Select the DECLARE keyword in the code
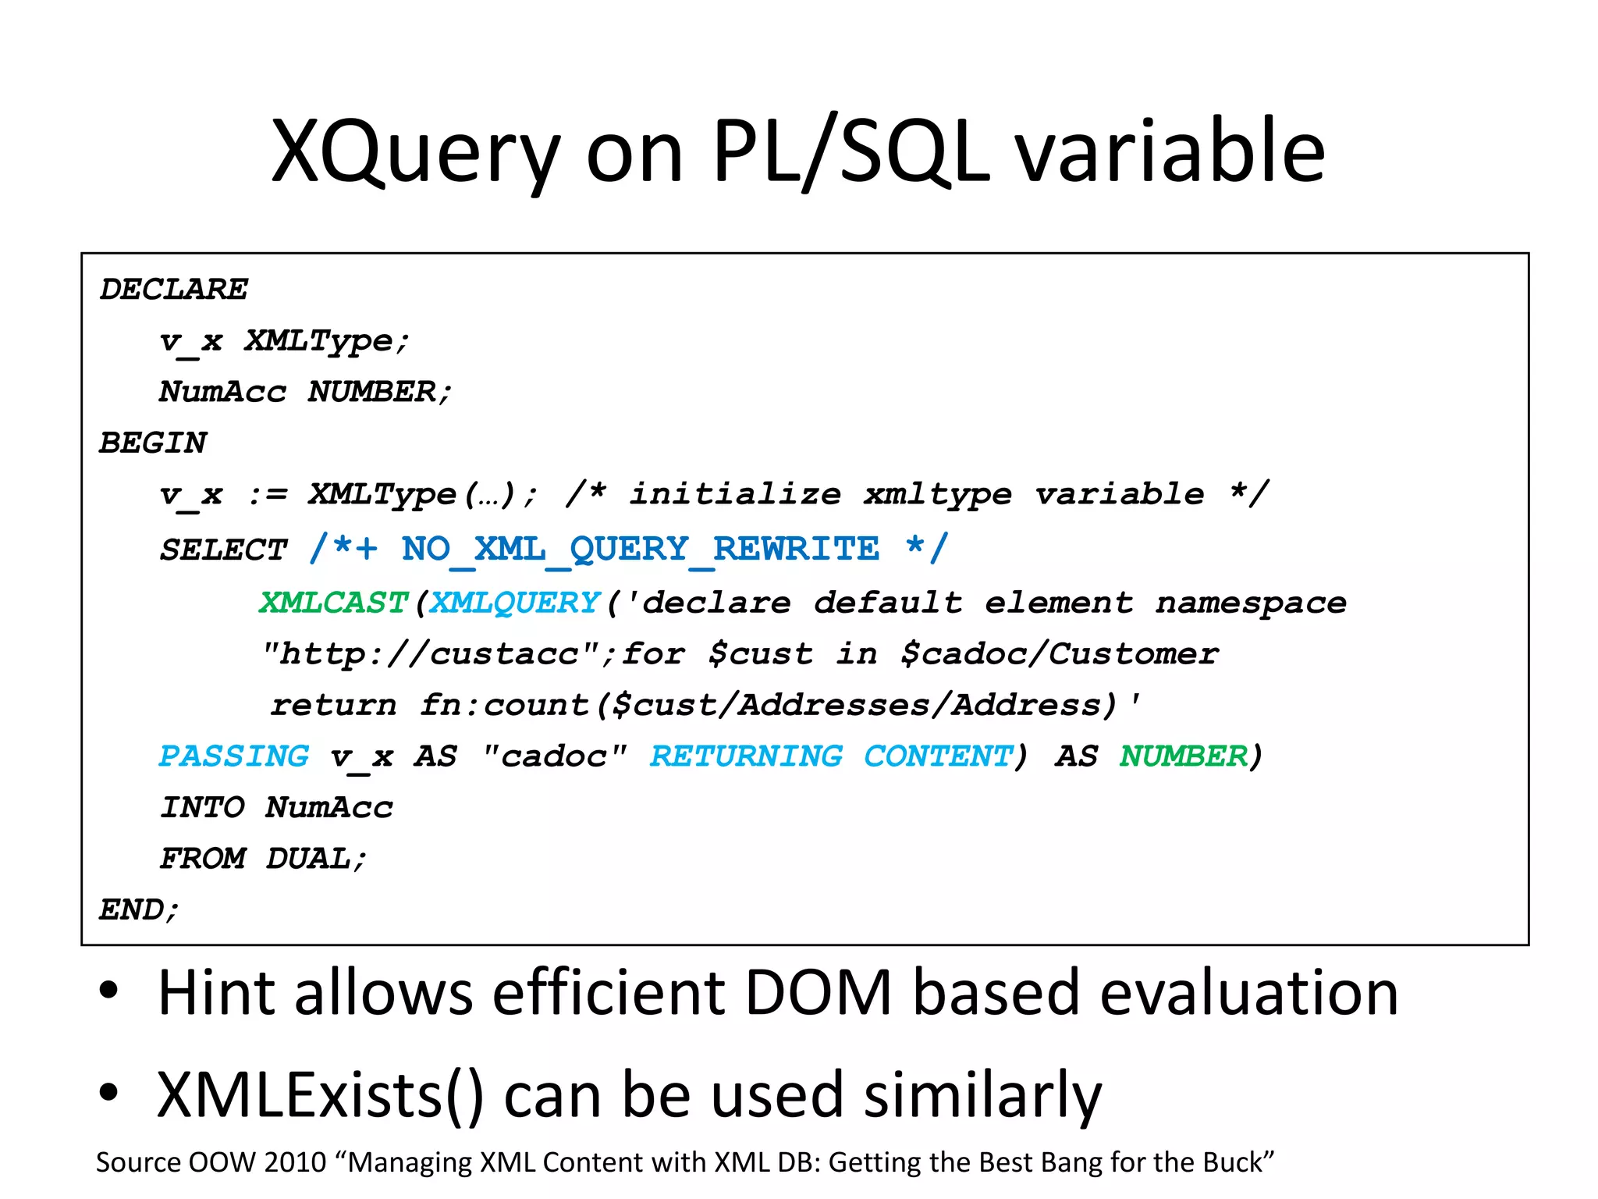pyautogui.click(x=173, y=290)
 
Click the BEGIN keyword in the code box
pyautogui.click(x=153, y=443)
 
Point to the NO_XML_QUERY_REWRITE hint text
pyautogui.click(x=640, y=550)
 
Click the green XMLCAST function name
pyautogui.click(x=333, y=603)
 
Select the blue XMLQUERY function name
pyautogui.click(x=515, y=603)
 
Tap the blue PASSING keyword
pyautogui.click(x=234, y=756)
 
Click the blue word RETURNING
pyautogui.click(x=746, y=756)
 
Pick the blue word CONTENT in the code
pyautogui.click(x=938, y=756)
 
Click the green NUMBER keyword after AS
pyautogui.click(x=1184, y=756)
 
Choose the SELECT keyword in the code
pyautogui.click(x=223, y=550)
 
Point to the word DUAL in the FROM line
pyautogui.click(x=309, y=859)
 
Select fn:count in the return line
pyautogui.click(x=504, y=706)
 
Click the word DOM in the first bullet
pyautogui.click(x=819, y=993)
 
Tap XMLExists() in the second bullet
pyautogui.click(x=320, y=1095)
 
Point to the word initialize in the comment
pyautogui.click(x=735, y=495)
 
